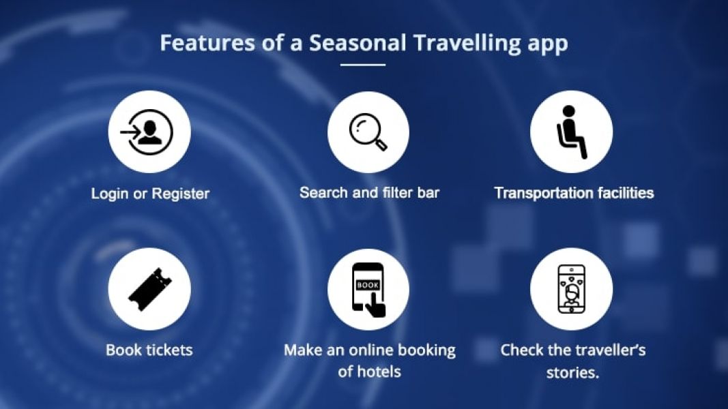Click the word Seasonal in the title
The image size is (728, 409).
(358, 43)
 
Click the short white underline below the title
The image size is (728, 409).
(362, 65)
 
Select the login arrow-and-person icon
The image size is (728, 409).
(147, 132)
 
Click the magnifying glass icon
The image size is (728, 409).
(368, 132)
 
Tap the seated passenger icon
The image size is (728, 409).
(572, 132)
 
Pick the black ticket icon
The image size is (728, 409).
(149, 289)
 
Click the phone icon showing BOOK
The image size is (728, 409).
(368, 290)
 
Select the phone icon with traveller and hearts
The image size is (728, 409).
(572, 289)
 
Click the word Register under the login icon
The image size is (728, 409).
(181, 194)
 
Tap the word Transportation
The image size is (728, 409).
(542, 193)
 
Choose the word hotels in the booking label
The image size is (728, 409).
(377, 372)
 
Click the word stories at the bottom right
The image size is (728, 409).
(572, 372)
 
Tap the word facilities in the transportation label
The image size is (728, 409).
(626, 193)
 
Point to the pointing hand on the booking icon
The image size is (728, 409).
(375, 306)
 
